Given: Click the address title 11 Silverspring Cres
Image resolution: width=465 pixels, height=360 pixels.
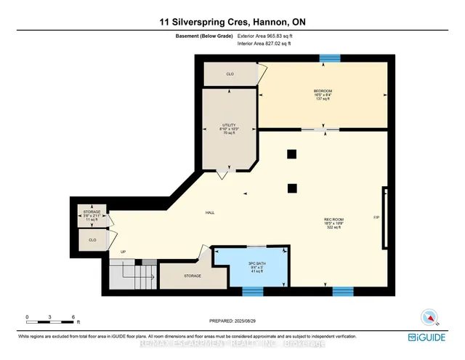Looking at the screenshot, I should click(x=232, y=23).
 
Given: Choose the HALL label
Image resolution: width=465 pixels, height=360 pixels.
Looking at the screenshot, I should click(x=209, y=212).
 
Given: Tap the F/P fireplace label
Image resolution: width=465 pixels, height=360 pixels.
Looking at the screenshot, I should click(x=376, y=217).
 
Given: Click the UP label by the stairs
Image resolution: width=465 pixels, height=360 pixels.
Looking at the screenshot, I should click(x=123, y=252).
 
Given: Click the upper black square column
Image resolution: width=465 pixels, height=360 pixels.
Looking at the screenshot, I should click(x=291, y=153).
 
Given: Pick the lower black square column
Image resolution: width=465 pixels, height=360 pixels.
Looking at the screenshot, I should click(x=291, y=188).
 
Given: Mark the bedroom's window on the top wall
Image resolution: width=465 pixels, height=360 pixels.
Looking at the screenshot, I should click(x=331, y=57).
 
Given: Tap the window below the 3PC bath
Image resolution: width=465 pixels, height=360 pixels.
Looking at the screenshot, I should click(x=252, y=292).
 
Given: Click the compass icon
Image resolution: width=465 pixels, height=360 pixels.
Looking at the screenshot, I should click(x=429, y=317).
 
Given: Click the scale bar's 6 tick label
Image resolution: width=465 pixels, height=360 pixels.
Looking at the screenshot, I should click(x=73, y=317).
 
